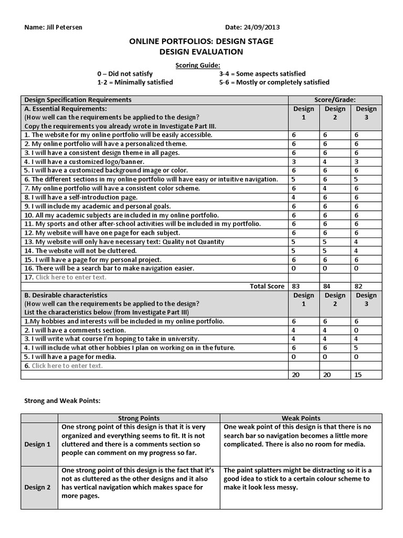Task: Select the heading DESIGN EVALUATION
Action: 201,51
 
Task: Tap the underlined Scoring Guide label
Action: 201,65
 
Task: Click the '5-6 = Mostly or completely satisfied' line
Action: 274,82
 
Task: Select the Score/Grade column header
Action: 335,99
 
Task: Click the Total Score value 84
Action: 326,286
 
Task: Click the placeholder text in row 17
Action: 71,277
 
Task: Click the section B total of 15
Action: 357,375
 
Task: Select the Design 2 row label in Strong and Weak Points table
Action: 37,487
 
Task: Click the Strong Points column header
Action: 140,418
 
